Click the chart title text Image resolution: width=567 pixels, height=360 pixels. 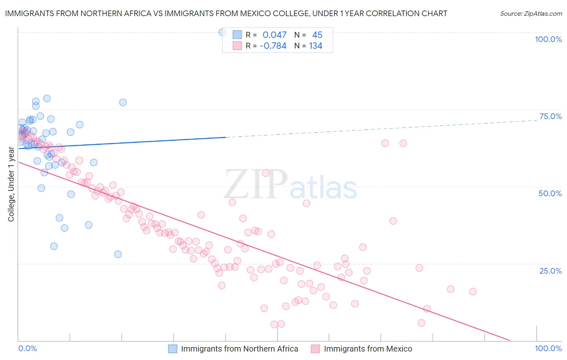coord(226,13)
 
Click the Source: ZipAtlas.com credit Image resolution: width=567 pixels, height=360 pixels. coord(531,13)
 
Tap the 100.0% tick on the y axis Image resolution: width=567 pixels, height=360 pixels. coord(548,39)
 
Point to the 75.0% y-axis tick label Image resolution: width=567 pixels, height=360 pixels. coord(550,116)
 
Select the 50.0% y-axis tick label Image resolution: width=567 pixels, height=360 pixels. coord(550,193)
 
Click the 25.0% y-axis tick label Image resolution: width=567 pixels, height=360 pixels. coord(550,271)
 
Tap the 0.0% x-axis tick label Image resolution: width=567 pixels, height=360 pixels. coord(27,348)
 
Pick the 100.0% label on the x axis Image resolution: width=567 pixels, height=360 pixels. coord(548,348)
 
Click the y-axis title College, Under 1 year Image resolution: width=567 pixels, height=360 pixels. coord(11,184)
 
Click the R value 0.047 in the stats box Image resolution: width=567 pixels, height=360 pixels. coord(275,35)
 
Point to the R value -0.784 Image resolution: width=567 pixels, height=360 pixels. coord(273,46)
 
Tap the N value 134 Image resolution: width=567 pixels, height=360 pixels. coord(316,46)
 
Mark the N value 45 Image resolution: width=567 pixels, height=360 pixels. coord(317,35)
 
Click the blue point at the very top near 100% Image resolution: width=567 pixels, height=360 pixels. coord(222,32)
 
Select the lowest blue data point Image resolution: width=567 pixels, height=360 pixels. coord(118,254)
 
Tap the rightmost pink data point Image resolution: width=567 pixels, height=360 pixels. coord(473,291)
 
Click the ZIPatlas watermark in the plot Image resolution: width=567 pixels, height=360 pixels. coord(290,185)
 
